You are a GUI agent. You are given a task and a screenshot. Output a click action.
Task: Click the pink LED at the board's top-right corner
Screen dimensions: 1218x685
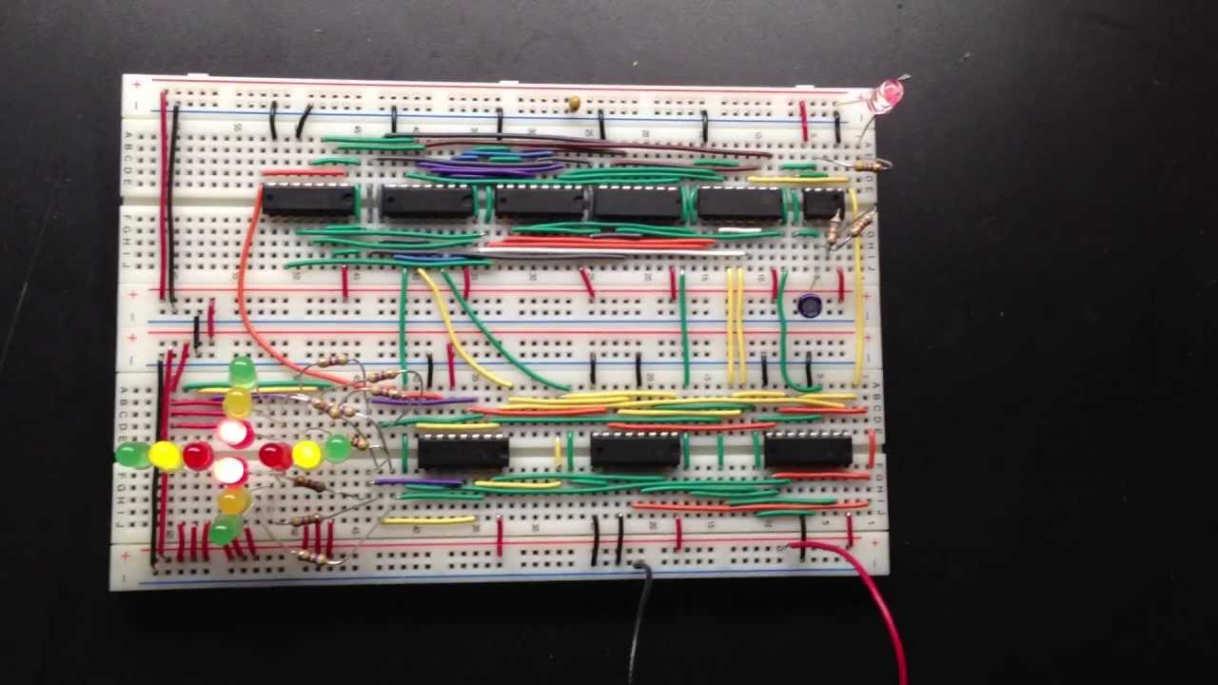click(888, 93)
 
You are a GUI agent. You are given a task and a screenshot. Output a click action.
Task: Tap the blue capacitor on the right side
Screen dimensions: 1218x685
click(810, 305)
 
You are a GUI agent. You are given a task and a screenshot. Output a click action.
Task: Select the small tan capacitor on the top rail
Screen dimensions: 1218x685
click(574, 102)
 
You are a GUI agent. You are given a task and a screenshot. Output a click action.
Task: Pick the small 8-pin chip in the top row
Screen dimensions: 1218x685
click(823, 203)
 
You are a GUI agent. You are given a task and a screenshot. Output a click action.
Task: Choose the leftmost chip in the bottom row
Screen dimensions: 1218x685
click(462, 452)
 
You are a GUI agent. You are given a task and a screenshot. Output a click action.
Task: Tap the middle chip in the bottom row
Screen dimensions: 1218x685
click(636, 449)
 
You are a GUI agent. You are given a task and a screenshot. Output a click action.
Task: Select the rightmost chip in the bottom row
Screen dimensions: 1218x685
click(808, 449)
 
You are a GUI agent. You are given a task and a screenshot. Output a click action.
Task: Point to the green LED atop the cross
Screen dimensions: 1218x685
click(243, 371)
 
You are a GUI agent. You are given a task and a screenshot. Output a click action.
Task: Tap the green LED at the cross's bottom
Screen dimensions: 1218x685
click(225, 529)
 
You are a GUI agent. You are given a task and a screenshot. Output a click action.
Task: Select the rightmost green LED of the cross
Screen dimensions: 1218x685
click(337, 447)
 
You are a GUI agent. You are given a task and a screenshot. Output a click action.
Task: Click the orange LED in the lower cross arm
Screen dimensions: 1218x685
click(233, 499)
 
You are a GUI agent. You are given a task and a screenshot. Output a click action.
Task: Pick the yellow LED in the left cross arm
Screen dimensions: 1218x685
click(165, 456)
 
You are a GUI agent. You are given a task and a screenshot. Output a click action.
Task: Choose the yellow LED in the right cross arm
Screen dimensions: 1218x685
click(306, 454)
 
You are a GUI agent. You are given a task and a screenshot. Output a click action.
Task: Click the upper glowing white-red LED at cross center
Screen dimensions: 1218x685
click(234, 433)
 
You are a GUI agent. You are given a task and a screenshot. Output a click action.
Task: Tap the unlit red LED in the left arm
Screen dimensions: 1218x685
click(198, 456)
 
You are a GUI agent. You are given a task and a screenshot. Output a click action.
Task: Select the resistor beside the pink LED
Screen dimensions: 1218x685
click(867, 166)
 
